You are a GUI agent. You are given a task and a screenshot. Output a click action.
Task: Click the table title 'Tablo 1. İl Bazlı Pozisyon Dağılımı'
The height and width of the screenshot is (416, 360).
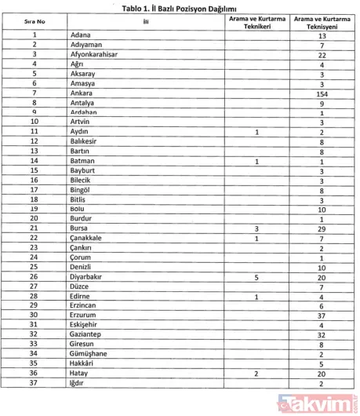tap(180, 9)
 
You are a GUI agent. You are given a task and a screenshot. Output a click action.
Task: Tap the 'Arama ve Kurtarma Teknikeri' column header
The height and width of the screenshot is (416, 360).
tap(256, 22)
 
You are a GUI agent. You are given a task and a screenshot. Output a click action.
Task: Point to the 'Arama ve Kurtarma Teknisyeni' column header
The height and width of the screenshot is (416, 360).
tap(322, 22)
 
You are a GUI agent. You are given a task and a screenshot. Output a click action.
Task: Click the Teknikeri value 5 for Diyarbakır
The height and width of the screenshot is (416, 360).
tap(256, 277)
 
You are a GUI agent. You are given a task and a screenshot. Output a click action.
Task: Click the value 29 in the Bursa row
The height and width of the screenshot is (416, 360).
tap(322, 228)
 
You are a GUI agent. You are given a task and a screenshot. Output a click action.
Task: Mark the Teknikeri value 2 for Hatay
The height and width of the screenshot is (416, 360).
tap(256, 374)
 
